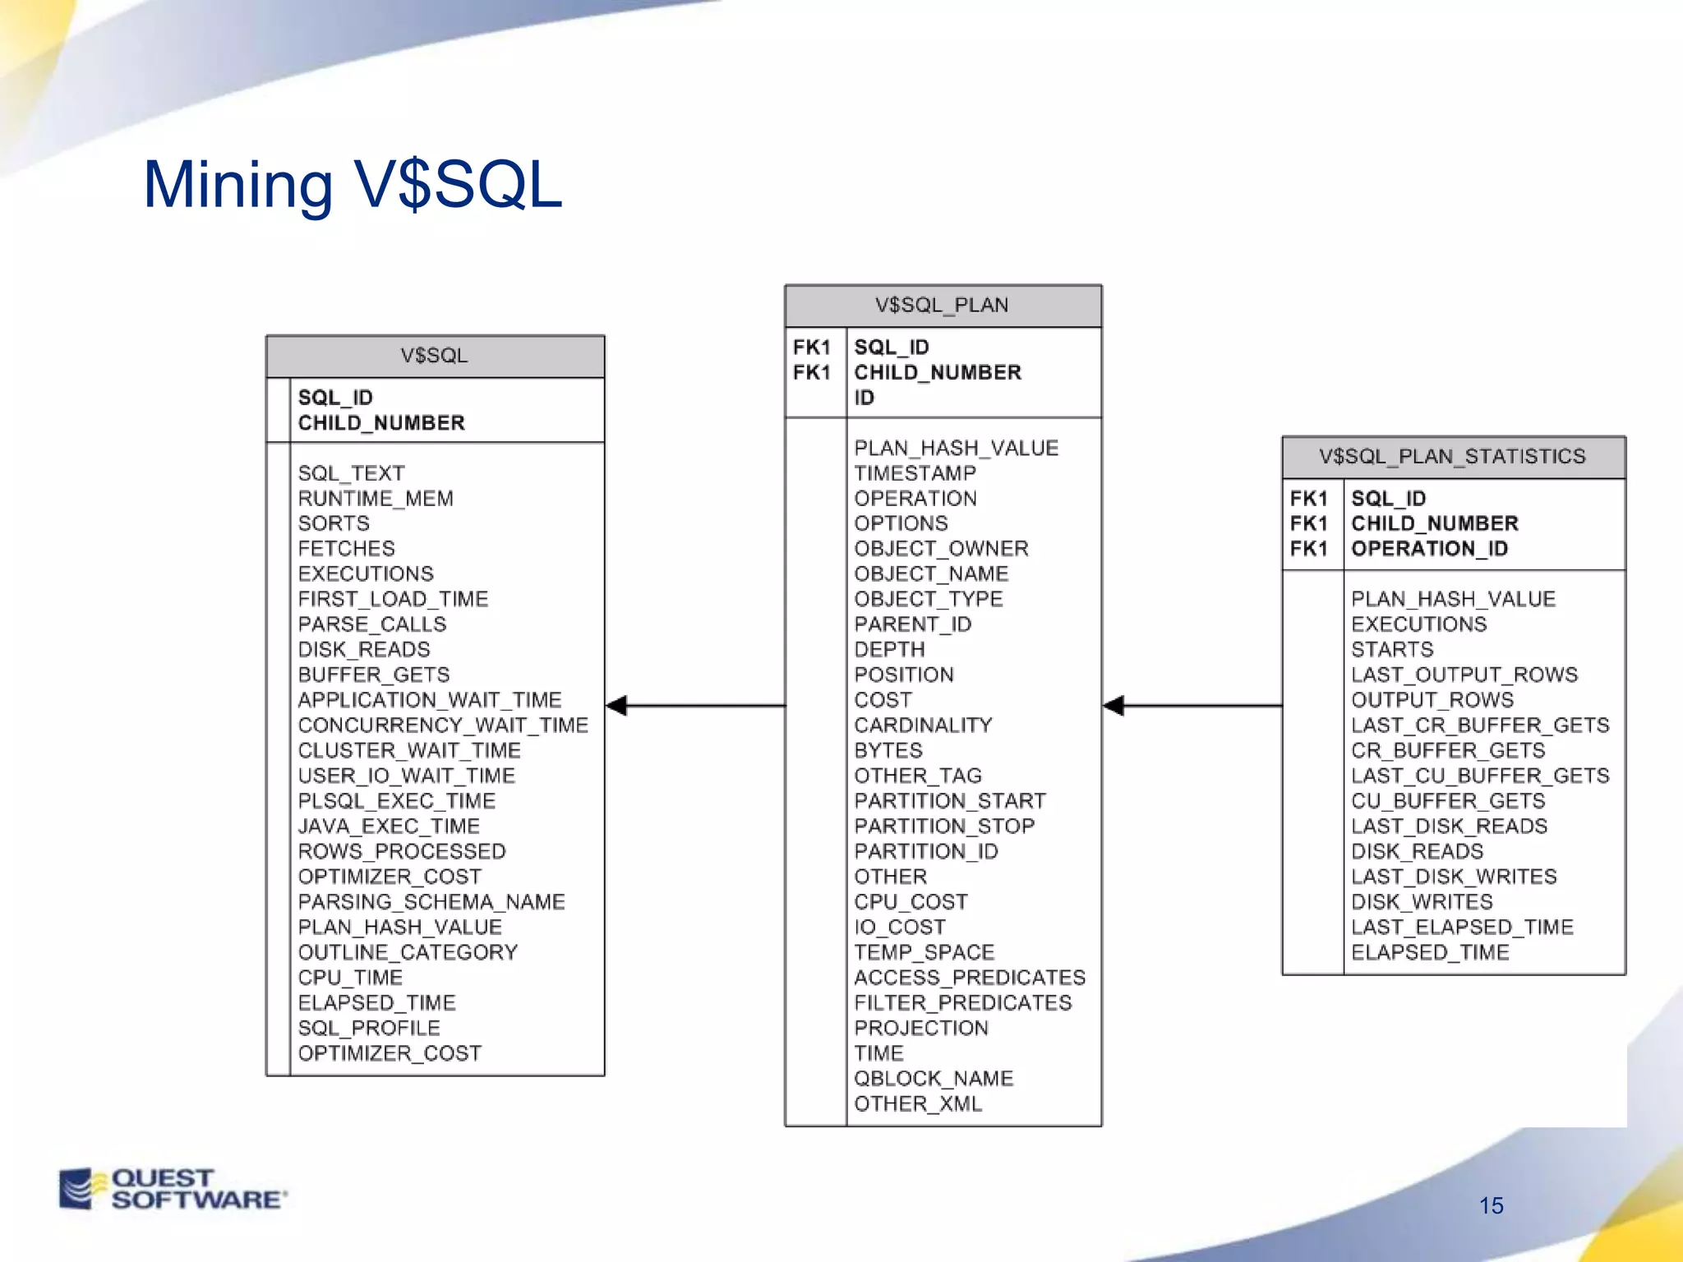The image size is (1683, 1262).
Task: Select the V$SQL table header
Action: pyautogui.click(x=434, y=356)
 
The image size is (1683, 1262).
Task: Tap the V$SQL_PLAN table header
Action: pyautogui.click(x=942, y=306)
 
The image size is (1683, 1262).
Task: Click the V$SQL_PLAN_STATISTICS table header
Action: pyautogui.click(x=1452, y=457)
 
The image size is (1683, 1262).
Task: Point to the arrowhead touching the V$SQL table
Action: pyautogui.click(x=617, y=705)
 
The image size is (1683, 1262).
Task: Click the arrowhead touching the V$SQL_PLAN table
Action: pyautogui.click(x=1114, y=705)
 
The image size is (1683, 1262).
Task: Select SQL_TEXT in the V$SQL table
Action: pyautogui.click(x=351, y=473)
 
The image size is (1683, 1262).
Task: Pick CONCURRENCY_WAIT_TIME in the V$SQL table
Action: pyautogui.click(x=443, y=725)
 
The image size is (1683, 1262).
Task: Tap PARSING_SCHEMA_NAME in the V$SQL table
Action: pyautogui.click(x=431, y=902)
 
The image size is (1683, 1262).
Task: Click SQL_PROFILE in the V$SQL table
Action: pyautogui.click(x=368, y=1028)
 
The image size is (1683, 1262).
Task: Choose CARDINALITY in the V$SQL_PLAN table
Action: pyautogui.click(x=923, y=725)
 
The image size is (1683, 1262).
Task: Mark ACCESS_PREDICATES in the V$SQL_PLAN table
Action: pyautogui.click(x=969, y=978)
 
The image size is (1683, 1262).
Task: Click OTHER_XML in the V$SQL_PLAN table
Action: pyautogui.click(x=917, y=1103)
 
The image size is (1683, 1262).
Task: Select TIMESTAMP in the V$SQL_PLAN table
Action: pyautogui.click(x=915, y=473)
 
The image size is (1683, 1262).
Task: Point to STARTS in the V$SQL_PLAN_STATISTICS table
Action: pyautogui.click(x=1392, y=650)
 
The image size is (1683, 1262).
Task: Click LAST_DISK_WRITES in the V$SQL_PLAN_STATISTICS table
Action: pyautogui.click(x=1453, y=877)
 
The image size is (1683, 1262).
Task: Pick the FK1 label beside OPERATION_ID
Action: pyautogui.click(x=1308, y=549)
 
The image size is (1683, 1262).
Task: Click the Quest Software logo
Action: pyautogui.click(x=173, y=1189)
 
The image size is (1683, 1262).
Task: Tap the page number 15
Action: pyautogui.click(x=1491, y=1205)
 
